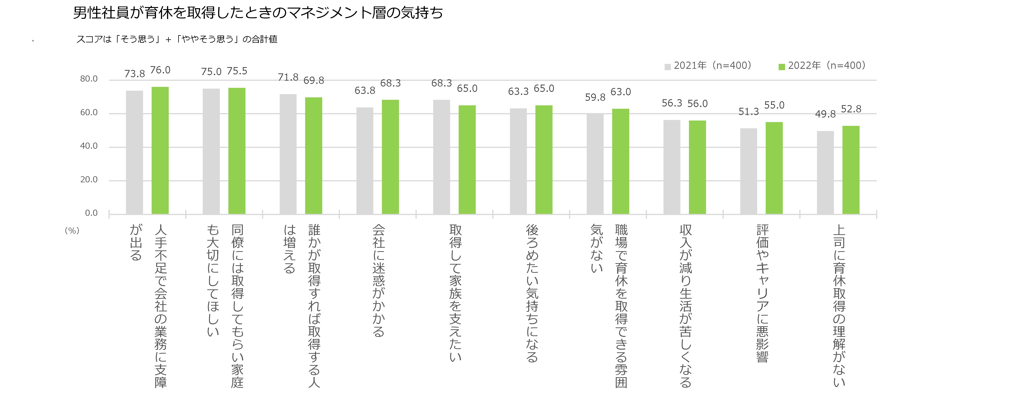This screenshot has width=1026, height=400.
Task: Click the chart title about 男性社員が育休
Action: coord(258,13)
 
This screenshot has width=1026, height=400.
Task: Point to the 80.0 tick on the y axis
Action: coord(89,79)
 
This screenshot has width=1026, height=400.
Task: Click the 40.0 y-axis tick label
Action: coord(89,146)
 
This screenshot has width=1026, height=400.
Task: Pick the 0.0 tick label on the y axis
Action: coord(91,213)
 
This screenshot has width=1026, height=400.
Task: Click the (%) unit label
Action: coord(72,231)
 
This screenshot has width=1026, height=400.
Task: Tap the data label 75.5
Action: coord(237,71)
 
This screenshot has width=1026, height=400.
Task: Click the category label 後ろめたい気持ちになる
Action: coord(532,293)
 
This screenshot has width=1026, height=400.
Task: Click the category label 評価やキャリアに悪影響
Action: coord(762,293)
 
